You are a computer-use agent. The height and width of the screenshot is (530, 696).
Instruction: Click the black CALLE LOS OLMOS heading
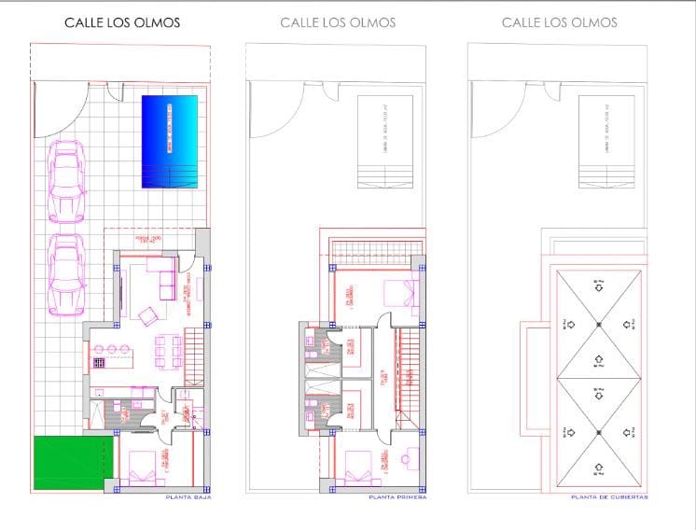click(x=122, y=22)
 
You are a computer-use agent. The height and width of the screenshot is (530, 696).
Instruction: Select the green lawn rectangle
click(x=74, y=464)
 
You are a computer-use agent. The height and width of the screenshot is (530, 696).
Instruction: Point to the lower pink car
click(x=65, y=275)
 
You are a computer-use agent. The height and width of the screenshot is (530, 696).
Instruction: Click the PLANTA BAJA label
click(x=188, y=498)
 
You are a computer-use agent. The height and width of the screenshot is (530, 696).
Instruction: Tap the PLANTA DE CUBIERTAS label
click(x=609, y=497)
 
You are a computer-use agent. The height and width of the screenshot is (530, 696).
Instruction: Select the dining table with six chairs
click(x=166, y=351)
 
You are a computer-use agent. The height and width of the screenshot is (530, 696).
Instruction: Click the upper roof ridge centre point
click(x=599, y=324)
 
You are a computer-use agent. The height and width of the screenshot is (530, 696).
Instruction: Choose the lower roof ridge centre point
click(x=599, y=432)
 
